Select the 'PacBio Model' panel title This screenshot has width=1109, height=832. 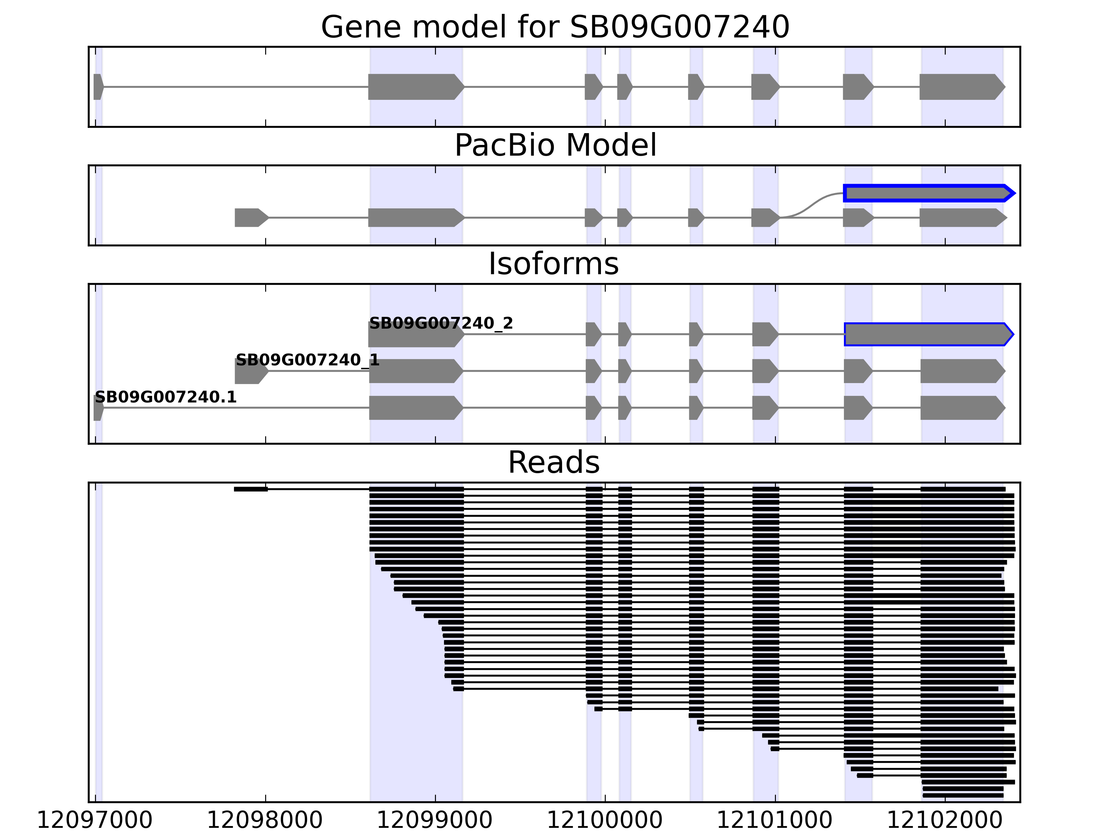point(555,146)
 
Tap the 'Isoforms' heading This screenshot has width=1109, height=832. point(553,264)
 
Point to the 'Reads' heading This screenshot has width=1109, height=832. point(553,462)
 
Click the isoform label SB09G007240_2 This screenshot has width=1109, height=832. point(441,323)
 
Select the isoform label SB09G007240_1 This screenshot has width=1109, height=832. point(307,360)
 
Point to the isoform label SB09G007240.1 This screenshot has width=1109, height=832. point(165,397)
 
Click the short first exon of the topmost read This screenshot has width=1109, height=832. point(251,489)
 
